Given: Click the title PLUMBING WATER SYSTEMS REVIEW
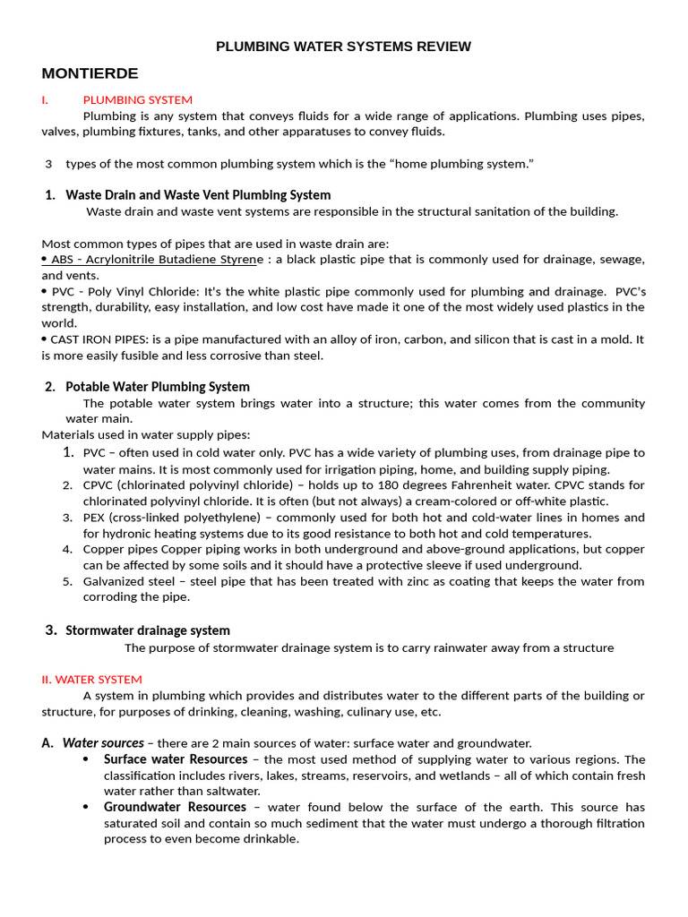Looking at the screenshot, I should tap(343, 47).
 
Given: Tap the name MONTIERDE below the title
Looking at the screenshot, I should tap(90, 73).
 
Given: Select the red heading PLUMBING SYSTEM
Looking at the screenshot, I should tap(137, 99).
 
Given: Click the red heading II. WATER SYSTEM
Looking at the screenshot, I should tap(91, 679).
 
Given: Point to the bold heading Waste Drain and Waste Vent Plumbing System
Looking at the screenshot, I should tap(198, 194).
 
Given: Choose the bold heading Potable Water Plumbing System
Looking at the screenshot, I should tap(158, 387).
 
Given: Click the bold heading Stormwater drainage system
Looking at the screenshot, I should tap(148, 630).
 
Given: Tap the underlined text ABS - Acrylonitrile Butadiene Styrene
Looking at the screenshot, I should tap(153, 260).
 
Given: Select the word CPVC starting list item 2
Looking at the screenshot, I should tap(99, 485).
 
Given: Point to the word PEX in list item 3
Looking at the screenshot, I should tap(95, 518).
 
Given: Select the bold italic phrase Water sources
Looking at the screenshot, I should tap(103, 742).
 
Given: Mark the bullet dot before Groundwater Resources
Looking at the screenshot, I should tap(85, 808).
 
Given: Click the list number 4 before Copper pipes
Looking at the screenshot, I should tap(67, 549).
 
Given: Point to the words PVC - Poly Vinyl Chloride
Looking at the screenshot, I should tap(125, 291).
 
